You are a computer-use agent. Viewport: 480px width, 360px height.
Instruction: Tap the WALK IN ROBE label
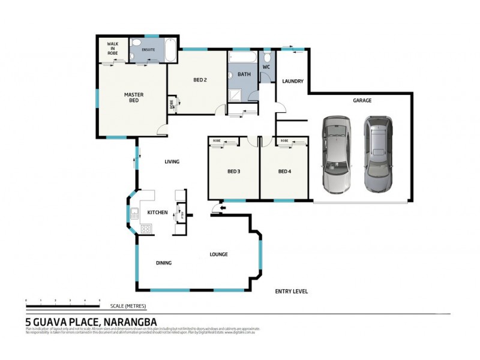pyautogui.click(x=113, y=49)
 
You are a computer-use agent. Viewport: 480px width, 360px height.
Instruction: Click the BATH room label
pyautogui.click(x=244, y=74)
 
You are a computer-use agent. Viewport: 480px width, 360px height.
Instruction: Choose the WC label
pyautogui.click(x=266, y=67)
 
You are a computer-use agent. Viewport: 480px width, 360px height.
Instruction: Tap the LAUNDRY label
pyautogui.click(x=292, y=82)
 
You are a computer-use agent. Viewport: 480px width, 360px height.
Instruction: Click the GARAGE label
pyautogui.click(x=362, y=101)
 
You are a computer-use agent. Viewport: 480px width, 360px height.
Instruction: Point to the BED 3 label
pyautogui.click(x=233, y=172)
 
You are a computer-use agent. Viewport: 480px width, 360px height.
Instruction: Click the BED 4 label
pyautogui.click(x=284, y=172)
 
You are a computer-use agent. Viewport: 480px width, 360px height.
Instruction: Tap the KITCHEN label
pyautogui.click(x=157, y=212)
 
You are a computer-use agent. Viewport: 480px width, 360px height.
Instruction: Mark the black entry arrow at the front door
pyautogui.click(x=221, y=208)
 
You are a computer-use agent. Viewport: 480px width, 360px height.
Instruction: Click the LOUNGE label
pyautogui.click(x=218, y=254)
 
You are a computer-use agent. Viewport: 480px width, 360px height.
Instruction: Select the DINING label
pyautogui.click(x=164, y=263)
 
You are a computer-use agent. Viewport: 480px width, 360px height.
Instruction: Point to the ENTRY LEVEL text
pyautogui.click(x=291, y=291)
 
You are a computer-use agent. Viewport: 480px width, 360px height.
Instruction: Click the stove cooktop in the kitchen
pyautogui.click(x=145, y=228)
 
